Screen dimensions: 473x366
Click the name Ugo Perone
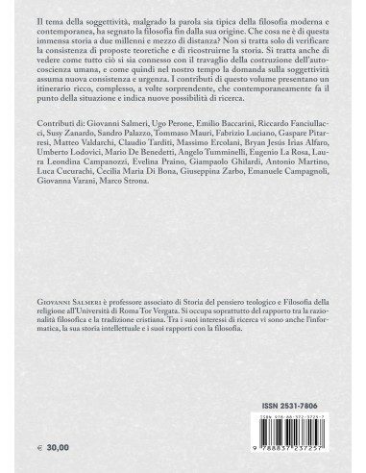point(165,179)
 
